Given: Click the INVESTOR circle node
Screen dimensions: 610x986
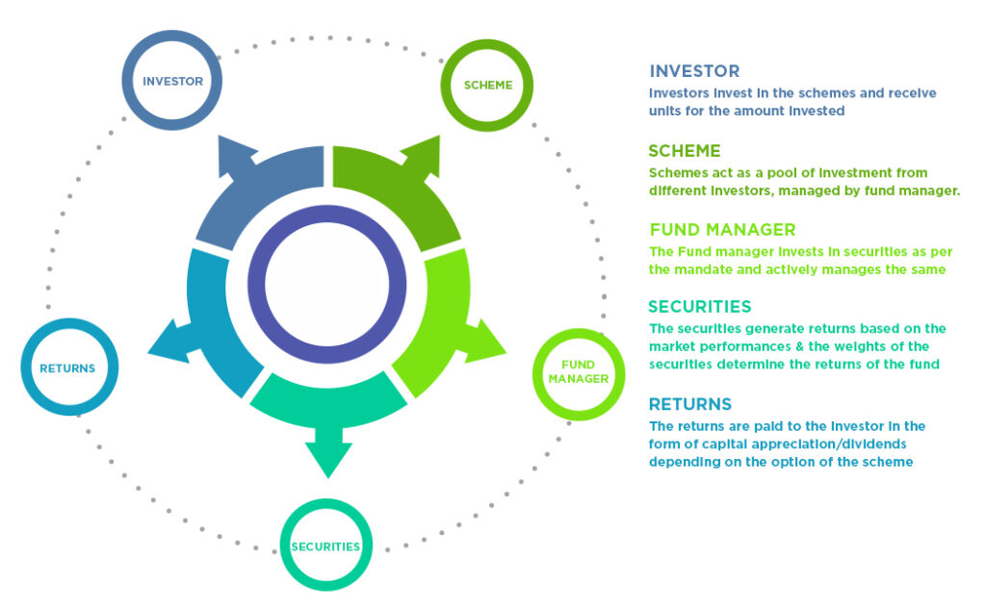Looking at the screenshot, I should coord(172,82).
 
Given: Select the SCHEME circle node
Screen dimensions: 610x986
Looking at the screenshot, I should coord(487,85).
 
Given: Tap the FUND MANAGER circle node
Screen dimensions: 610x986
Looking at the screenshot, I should coord(579,372).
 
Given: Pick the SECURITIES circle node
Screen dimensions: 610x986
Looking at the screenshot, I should coord(325,546).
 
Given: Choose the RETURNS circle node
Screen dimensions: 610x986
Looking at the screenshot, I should coord(67,368).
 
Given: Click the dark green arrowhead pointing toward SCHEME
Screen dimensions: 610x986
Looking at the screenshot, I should coord(421,156).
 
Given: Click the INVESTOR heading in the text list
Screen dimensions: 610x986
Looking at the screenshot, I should coord(694,71).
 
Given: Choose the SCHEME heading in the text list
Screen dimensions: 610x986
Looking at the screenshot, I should coord(685,151).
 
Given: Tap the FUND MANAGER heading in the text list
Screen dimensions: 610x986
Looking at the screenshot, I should coord(722,230).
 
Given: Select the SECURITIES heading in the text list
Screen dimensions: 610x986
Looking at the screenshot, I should coord(699,307).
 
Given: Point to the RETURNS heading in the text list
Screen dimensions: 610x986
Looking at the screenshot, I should coord(690,404).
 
